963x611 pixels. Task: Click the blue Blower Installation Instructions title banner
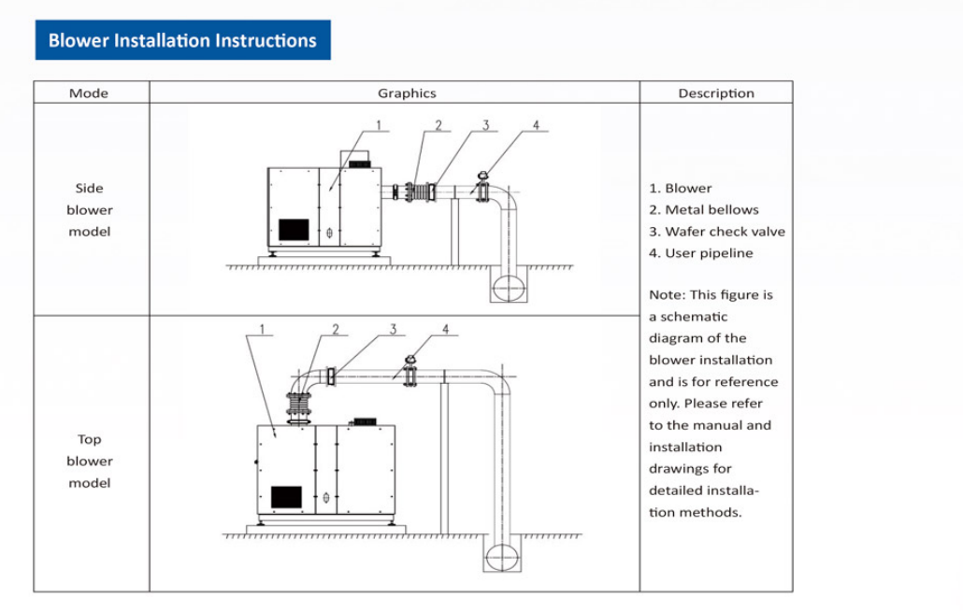coord(182,40)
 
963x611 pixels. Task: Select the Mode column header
coord(89,93)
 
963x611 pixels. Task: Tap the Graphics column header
coord(407,93)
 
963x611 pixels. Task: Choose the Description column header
coord(716,93)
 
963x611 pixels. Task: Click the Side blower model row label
coord(89,210)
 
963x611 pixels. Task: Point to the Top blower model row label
coord(89,461)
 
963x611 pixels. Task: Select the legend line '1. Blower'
coord(680,188)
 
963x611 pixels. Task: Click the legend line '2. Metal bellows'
coord(703,210)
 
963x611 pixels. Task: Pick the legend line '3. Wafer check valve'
coord(716,232)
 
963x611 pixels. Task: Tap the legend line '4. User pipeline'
coord(700,253)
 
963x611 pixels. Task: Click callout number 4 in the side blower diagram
coord(536,125)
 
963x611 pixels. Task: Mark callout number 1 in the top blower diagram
coord(263,328)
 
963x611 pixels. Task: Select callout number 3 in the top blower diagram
coord(394,328)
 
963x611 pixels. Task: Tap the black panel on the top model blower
coord(286,497)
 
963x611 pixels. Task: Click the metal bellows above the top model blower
coord(299,407)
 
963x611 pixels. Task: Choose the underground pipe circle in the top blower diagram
coord(501,556)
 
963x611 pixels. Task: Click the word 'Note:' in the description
coord(666,295)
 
